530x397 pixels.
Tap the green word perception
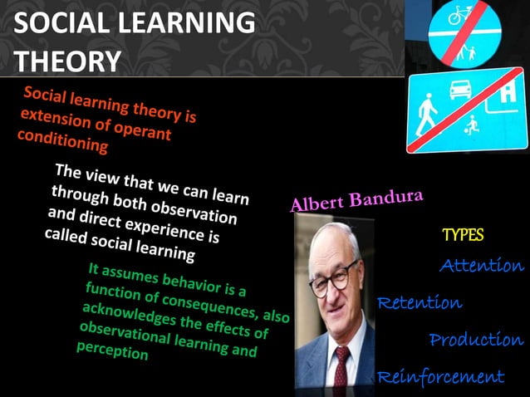(112, 350)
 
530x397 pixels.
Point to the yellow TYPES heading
(463, 235)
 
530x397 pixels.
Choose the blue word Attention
(482, 266)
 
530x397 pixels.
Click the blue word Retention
(420, 302)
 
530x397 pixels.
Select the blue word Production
(476, 340)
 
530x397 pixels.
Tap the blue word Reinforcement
(440, 377)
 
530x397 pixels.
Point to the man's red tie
(341, 365)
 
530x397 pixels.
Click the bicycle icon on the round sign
(461, 14)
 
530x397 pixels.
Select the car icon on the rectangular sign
(462, 90)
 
